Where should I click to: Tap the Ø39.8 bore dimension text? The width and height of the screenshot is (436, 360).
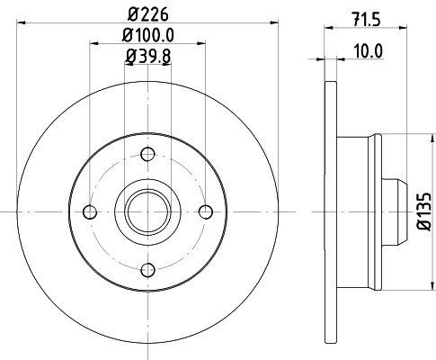point(147,58)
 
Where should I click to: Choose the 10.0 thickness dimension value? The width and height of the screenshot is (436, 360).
point(369,50)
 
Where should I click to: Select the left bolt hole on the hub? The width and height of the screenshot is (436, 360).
point(88,211)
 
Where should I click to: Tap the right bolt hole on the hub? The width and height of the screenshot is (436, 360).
point(206,211)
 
